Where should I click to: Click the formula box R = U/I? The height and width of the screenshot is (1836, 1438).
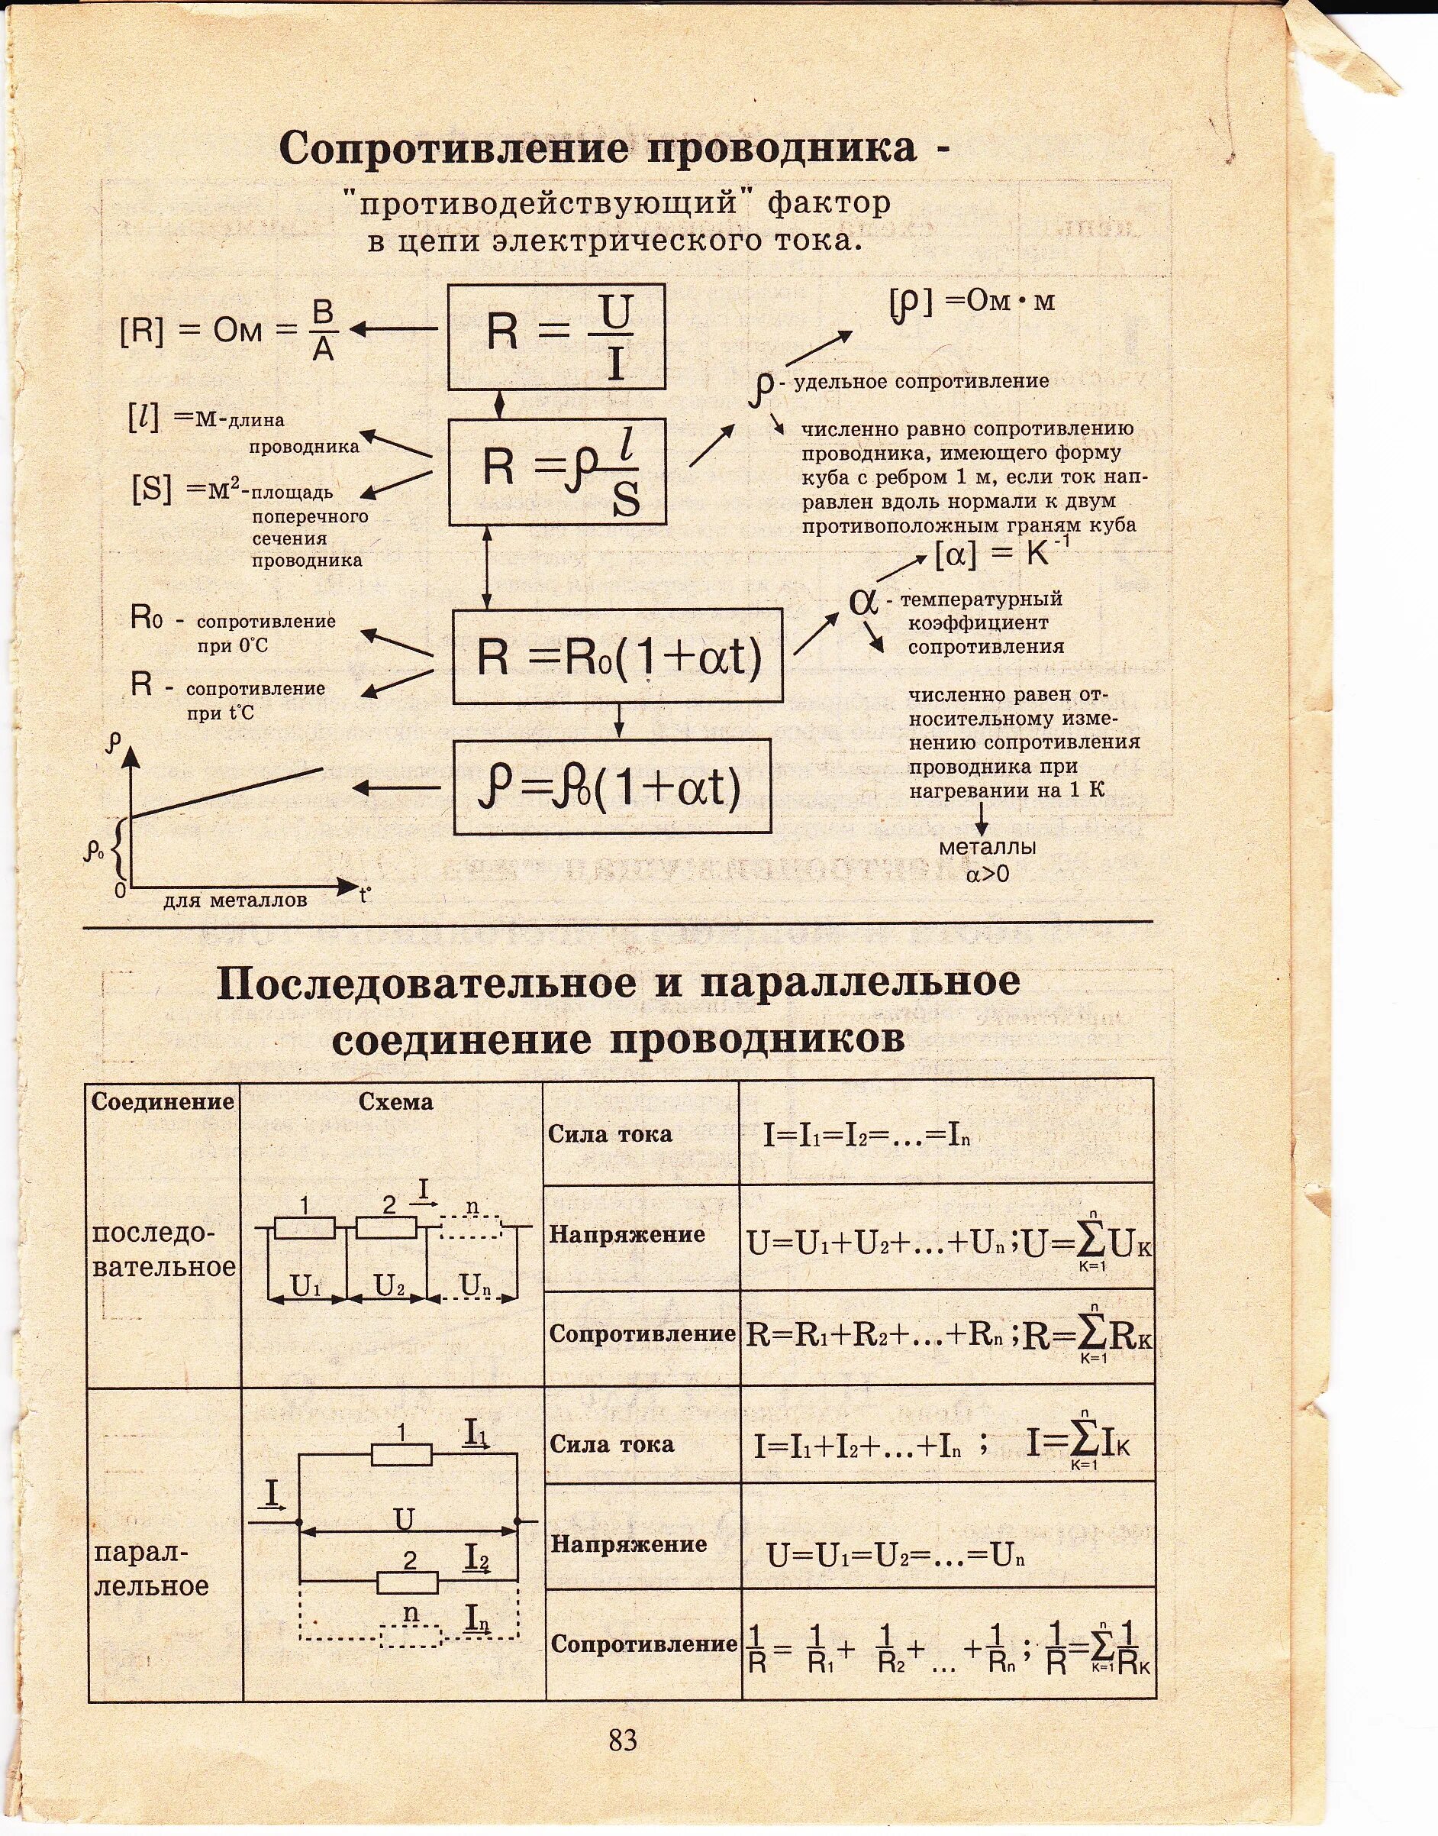click(556, 336)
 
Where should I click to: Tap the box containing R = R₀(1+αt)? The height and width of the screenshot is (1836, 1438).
click(617, 656)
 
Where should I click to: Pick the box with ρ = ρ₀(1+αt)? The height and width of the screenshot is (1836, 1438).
click(612, 787)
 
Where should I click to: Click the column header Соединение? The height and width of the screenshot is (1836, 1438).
click(163, 1101)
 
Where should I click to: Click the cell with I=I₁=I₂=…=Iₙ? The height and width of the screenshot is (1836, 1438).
click(867, 1136)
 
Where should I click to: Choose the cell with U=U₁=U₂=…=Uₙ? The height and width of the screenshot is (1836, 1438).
click(895, 1556)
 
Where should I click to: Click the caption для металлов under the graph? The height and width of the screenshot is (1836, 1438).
click(235, 900)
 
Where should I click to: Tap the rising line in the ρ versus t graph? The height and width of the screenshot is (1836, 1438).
click(227, 792)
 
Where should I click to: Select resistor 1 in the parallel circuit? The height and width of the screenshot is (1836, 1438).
click(401, 1454)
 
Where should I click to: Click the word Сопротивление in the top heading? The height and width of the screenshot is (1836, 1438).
click(455, 148)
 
